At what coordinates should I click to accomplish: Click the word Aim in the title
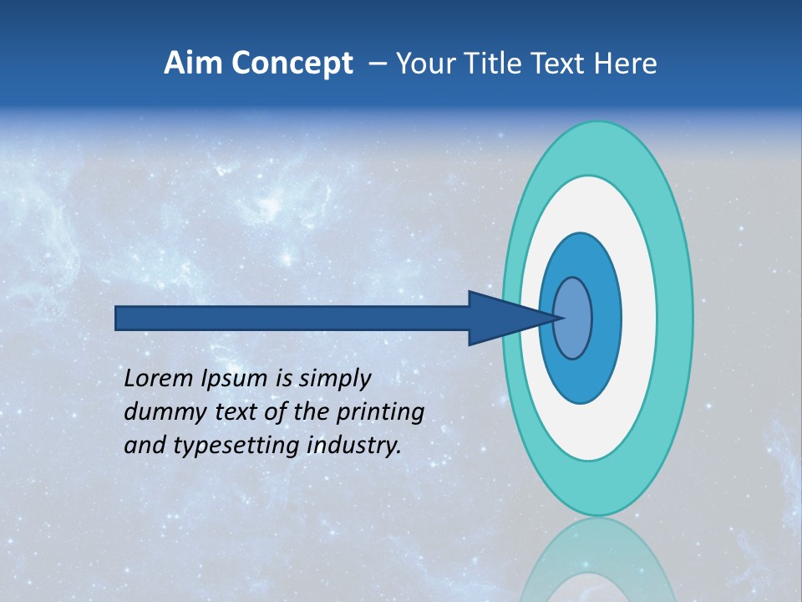click(x=191, y=64)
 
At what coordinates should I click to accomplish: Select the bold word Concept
click(x=290, y=64)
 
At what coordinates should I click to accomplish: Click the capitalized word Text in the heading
click(x=561, y=64)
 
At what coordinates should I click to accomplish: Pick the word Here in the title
click(x=626, y=64)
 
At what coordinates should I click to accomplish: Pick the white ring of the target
click(x=639, y=318)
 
